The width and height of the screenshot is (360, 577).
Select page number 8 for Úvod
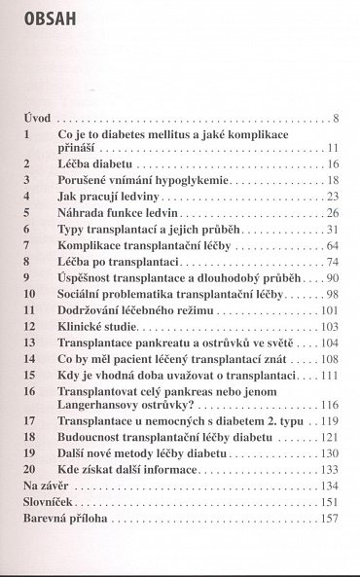point(334,119)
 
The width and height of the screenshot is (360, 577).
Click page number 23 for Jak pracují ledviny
point(332,196)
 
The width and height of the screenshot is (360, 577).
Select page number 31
point(332,228)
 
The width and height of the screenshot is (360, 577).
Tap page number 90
point(332,276)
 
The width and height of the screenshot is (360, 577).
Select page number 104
point(329,342)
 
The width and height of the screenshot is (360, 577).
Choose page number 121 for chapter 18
point(329,438)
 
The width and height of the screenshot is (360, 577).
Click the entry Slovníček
point(50,502)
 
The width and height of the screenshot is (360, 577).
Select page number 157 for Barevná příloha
point(329,519)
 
